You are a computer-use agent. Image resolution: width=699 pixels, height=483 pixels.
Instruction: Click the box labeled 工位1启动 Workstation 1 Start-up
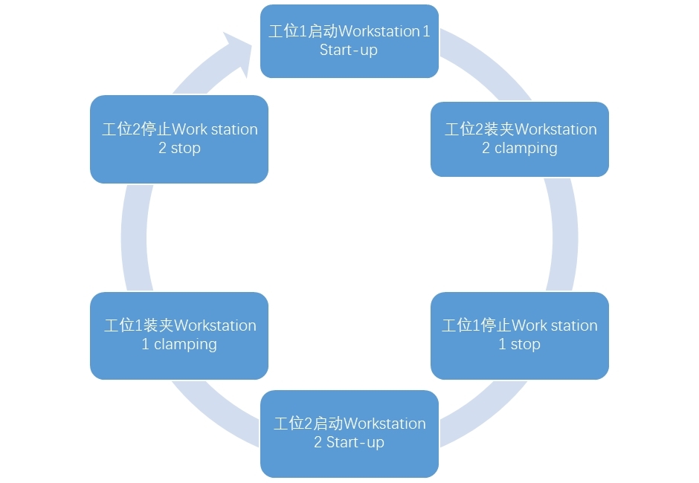[x=349, y=41]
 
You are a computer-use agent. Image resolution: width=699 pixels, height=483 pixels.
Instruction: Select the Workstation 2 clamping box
[x=519, y=139]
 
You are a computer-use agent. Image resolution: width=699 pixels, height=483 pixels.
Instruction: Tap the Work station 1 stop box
[x=519, y=335]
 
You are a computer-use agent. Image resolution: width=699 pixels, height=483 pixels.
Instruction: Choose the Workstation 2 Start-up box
[x=349, y=433]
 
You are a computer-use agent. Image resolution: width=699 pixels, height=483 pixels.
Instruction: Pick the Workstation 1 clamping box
[x=178, y=335]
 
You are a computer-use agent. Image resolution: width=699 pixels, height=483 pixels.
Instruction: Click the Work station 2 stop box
[x=178, y=139]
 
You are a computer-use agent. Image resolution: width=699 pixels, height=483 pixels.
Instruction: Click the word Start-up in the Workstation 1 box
[x=349, y=51]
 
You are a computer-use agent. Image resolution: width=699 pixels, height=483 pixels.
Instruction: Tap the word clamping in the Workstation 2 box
[x=526, y=149]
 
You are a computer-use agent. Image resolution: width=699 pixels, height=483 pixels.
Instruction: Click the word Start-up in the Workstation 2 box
[x=355, y=443]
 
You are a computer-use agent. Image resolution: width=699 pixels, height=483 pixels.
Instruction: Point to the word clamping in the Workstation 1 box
[x=185, y=345]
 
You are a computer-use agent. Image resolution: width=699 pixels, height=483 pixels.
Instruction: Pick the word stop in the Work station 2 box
[x=185, y=149]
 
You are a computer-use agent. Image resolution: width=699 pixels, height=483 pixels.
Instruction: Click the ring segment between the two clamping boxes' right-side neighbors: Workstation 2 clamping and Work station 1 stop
[x=564, y=234]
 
